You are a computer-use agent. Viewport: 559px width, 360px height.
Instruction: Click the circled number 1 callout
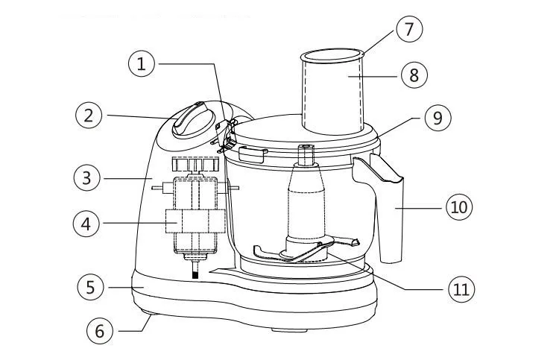142,65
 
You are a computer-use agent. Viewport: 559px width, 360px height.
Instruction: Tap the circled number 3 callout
88,177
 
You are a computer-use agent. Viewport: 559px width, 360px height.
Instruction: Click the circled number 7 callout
409,29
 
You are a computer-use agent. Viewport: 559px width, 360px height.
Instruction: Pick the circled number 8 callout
414,74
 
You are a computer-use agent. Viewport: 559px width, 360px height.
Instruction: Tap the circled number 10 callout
459,206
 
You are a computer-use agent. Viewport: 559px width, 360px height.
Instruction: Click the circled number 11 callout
461,287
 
